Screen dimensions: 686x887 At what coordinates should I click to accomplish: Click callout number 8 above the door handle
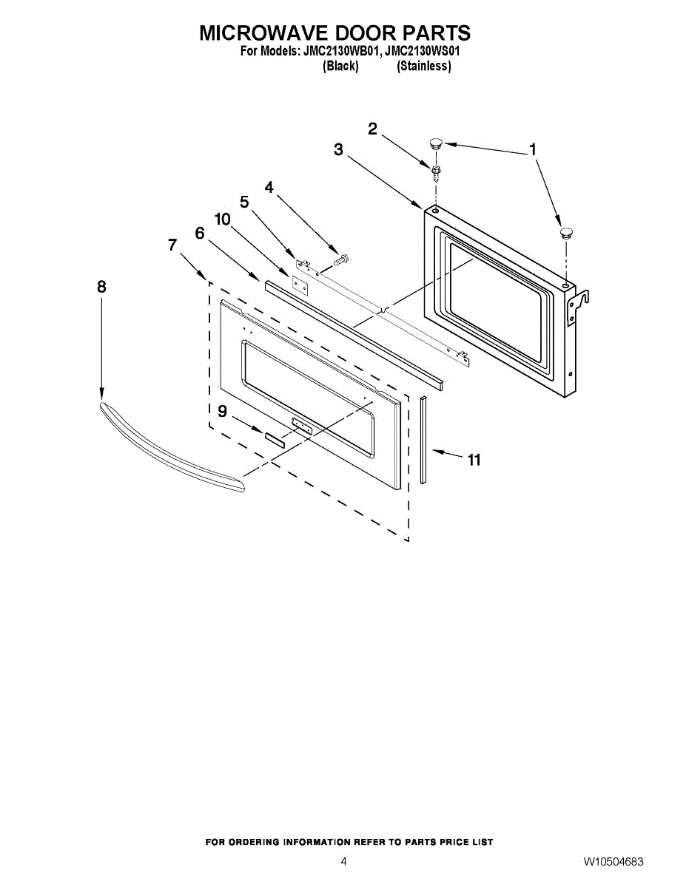101,287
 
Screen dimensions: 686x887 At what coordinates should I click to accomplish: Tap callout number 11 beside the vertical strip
474,460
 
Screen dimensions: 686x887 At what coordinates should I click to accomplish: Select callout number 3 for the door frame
338,150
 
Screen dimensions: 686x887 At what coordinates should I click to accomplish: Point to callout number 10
223,220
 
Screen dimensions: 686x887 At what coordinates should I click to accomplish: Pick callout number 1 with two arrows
532,150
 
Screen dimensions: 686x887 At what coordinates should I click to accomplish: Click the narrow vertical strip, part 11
424,439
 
